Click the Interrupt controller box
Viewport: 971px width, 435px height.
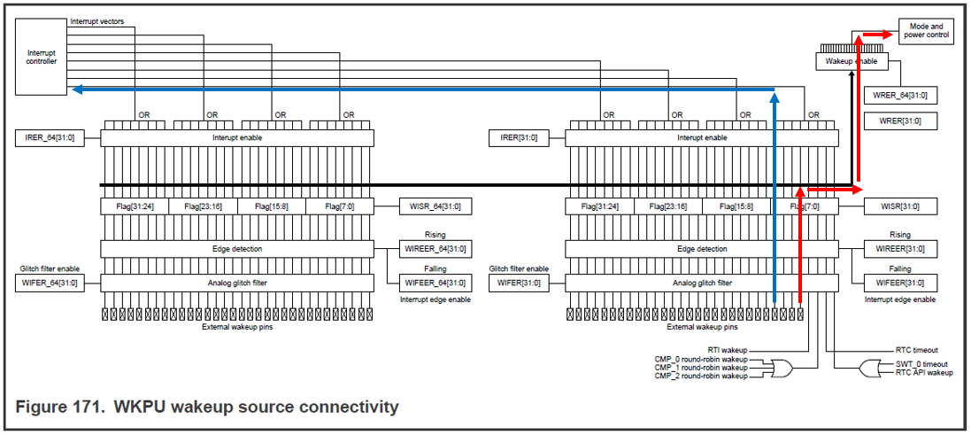click(42, 57)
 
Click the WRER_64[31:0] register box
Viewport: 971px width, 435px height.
click(902, 96)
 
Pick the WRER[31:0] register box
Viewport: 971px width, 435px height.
click(902, 120)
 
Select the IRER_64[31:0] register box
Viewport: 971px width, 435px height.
click(50, 137)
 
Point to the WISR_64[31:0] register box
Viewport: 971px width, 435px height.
click(435, 206)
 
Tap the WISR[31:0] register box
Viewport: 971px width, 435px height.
click(900, 206)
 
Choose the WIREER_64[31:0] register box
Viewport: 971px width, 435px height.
click(435, 248)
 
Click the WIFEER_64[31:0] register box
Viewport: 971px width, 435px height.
click(435, 283)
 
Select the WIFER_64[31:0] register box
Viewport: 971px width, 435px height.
click(50, 283)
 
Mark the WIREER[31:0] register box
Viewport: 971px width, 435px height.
click(900, 248)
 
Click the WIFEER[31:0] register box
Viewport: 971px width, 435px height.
click(900, 283)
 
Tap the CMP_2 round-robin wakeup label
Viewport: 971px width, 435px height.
click(700, 377)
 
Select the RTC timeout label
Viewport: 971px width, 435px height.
click(917, 350)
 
